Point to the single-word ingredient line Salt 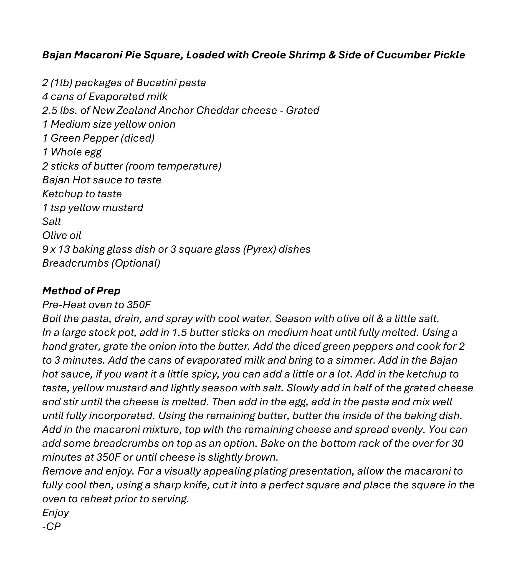(x=52, y=222)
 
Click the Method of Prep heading (x=81, y=291)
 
